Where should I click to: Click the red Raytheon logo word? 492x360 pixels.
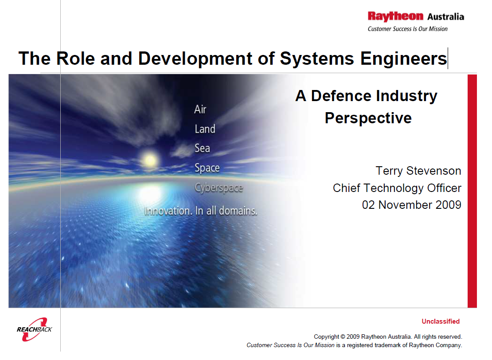(395, 16)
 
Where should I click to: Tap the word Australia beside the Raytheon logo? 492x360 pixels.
(445, 17)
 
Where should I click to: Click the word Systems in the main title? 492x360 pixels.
(316, 59)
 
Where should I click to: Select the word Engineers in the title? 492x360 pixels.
(403, 59)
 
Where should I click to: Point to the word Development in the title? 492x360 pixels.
(195, 59)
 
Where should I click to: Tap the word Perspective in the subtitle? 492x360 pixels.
(368, 118)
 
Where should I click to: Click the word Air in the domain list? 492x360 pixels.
(200, 109)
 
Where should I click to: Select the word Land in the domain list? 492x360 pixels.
(205, 129)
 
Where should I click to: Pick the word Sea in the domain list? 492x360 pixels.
(202, 148)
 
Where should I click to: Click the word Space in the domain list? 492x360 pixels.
(207, 168)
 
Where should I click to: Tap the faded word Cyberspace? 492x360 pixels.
(219, 188)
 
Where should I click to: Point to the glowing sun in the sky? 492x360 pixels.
(150, 160)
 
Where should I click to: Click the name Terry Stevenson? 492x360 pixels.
(418, 171)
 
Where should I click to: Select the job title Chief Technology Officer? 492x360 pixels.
(397, 188)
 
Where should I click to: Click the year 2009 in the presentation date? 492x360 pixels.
(449, 205)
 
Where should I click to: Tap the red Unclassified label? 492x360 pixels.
(441, 321)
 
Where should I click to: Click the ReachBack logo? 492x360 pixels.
(34, 329)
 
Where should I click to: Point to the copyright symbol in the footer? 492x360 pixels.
(343, 337)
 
